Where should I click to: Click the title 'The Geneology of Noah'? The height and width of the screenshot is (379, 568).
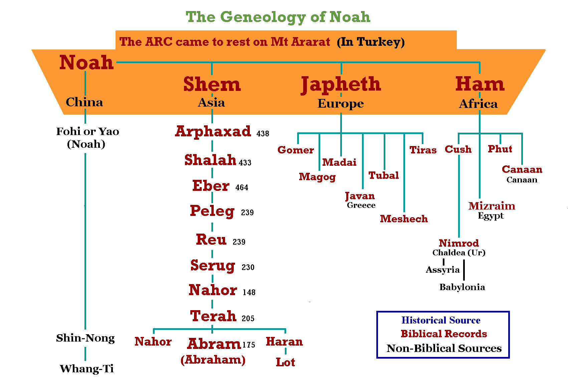(278, 17)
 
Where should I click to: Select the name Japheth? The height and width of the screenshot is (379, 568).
(341, 85)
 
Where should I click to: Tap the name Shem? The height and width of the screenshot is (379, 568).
(212, 84)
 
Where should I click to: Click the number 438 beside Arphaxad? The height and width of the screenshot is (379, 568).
(263, 134)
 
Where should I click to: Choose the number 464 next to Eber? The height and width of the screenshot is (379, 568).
(242, 187)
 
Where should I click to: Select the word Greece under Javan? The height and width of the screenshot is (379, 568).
(361, 205)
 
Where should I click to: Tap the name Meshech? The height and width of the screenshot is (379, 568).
(404, 219)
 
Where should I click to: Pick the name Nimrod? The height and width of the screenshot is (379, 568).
(459, 243)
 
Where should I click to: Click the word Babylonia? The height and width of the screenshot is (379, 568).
(462, 287)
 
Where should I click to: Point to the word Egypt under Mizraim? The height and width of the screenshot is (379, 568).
(491, 216)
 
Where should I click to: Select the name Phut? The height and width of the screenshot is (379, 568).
(500, 149)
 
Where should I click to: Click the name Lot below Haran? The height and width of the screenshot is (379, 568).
(286, 362)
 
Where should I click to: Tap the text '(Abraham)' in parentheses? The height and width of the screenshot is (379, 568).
(213, 360)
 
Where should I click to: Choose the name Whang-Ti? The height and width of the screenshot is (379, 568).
(87, 369)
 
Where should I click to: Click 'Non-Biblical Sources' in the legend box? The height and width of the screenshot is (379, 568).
(444, 348)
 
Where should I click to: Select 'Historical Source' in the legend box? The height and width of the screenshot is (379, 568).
(441, 321)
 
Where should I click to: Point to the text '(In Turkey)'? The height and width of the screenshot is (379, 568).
(371, 42)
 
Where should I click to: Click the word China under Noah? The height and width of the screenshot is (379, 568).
(84, 102)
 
